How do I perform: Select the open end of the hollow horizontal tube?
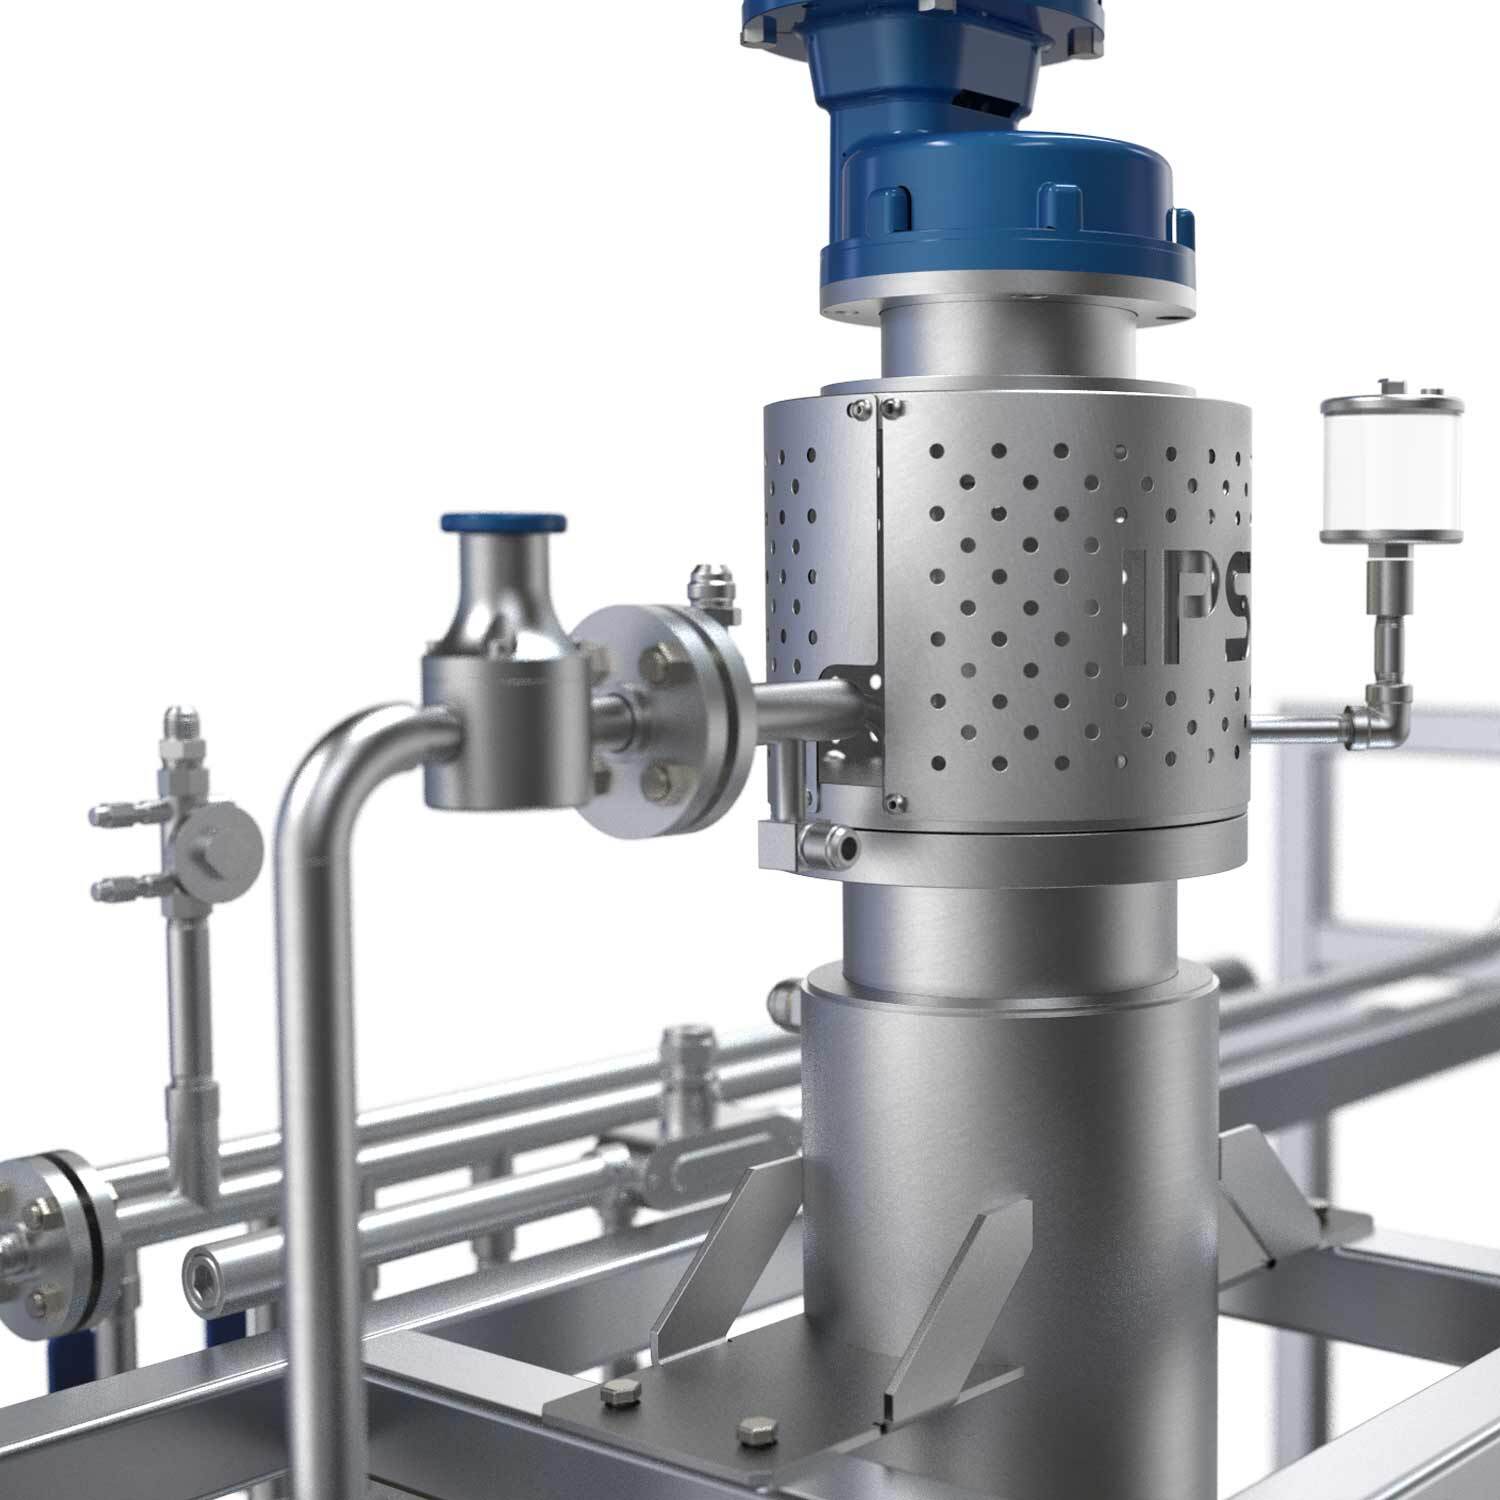[203, 1275]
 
